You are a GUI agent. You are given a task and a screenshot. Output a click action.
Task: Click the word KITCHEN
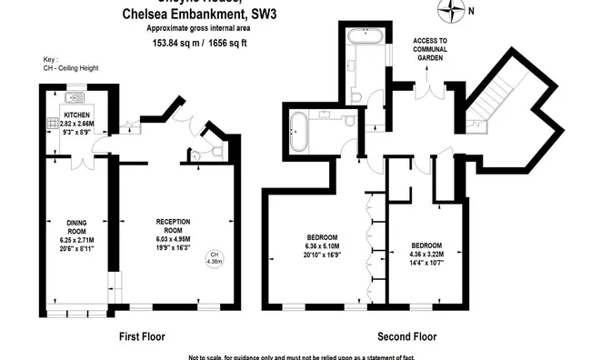pyautogui.click(x=78, y=115)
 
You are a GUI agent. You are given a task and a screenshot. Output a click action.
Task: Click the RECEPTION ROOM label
pyautogui.click(x=173, y=221)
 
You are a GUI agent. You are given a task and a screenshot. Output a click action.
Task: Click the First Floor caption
pyautogui.click(x=143, y=336)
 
